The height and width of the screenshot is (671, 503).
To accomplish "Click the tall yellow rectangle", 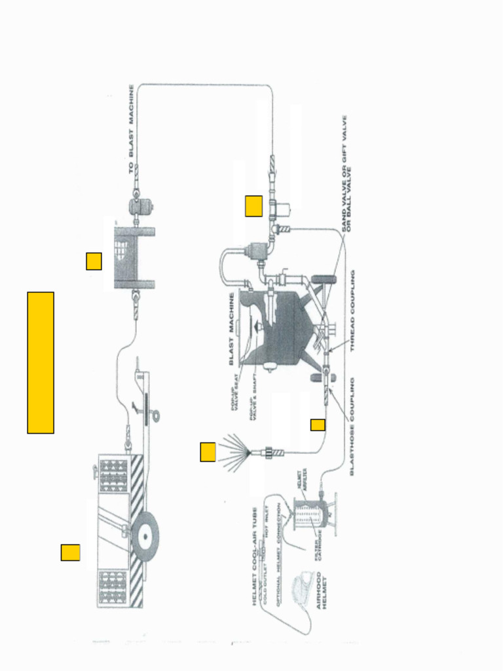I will click(x=41, y=362).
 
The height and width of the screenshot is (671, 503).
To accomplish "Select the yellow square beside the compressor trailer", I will click(x=71, y=552).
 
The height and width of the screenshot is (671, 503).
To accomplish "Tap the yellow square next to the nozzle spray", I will click(x=208, y=452).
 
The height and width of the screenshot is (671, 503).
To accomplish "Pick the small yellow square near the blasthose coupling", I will click(x=318, y=425).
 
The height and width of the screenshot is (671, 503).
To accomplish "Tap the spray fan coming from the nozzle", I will click(x=233, y=451).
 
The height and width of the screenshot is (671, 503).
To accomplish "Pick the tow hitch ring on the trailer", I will click(x=155, y=415).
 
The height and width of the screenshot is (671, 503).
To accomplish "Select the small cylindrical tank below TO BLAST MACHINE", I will click(x=142, y=207).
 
